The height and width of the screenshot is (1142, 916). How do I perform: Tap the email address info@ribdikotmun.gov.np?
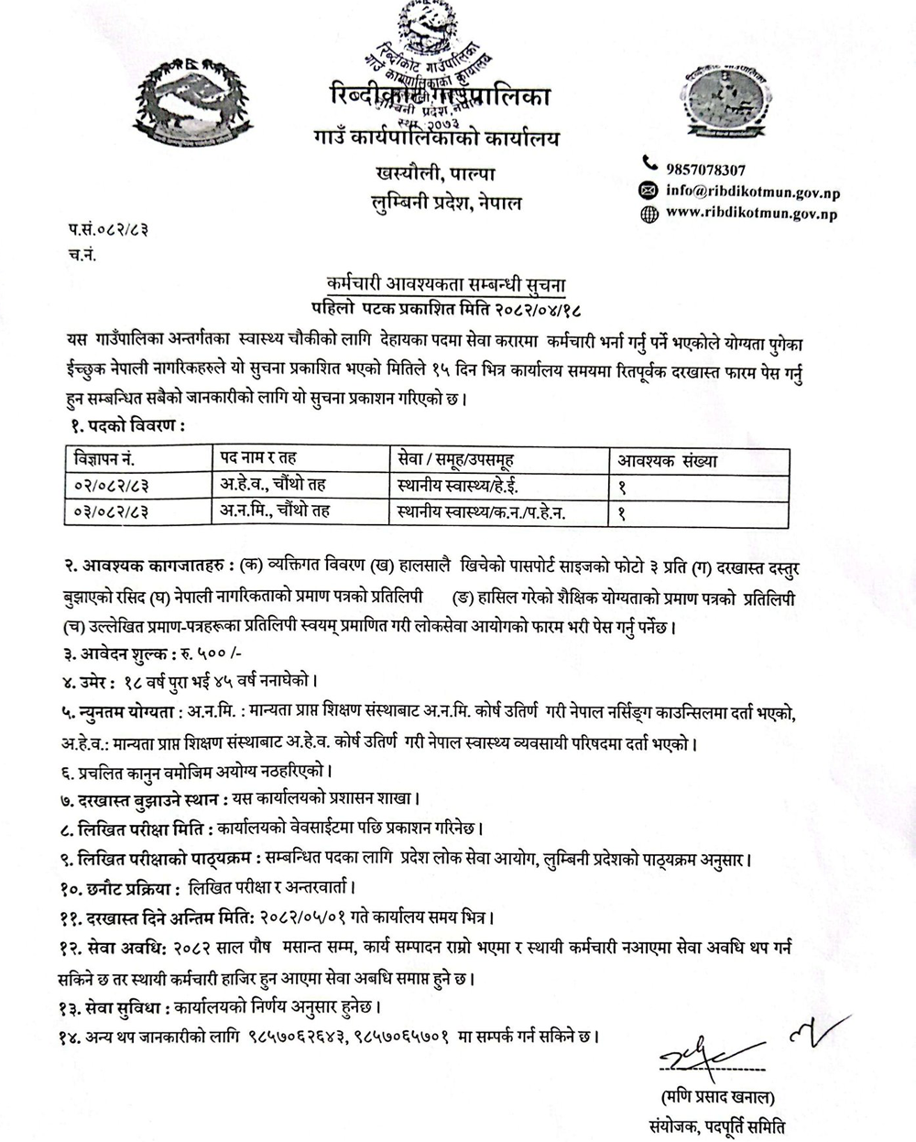coord(752,192)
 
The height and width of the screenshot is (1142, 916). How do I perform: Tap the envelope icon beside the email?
coord(649,191)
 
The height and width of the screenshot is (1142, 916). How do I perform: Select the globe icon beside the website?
coord(649,214)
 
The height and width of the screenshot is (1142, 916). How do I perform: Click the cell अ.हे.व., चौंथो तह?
coord(273,486)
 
